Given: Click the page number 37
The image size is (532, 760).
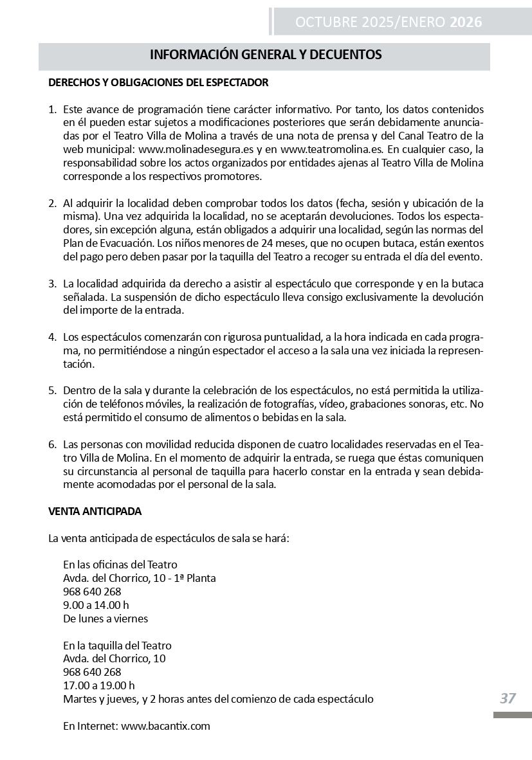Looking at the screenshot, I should [x=508, y=698].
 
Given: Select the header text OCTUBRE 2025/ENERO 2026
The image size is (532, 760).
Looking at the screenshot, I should [x=388, y=23].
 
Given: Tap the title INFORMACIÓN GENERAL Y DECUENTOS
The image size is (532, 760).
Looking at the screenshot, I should [x=266, y=55].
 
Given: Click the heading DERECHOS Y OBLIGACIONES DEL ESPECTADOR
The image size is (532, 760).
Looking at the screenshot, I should [x=158, y=83].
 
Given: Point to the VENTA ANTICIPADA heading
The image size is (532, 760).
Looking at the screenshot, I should [x=95, y=511].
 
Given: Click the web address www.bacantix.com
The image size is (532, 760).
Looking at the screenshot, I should [x=165, y=726].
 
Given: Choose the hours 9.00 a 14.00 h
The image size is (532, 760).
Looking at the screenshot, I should [x=96, y=605].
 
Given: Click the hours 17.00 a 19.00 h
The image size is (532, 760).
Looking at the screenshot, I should [x=98, y=685].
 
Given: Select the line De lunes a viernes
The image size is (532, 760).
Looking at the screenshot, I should [x=105, y=619].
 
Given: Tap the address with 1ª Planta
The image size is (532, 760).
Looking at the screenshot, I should [x=140, y=578].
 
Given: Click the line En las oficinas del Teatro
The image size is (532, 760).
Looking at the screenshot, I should [x=120, y=565].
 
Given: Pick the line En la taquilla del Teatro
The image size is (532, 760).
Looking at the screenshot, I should [x=117, y=646].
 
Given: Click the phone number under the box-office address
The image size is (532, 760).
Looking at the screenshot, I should [x=92, y=672].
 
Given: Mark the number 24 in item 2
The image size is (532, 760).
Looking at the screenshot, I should [x=277, y=244].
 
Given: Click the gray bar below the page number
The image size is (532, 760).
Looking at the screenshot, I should [x=512, y=715].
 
